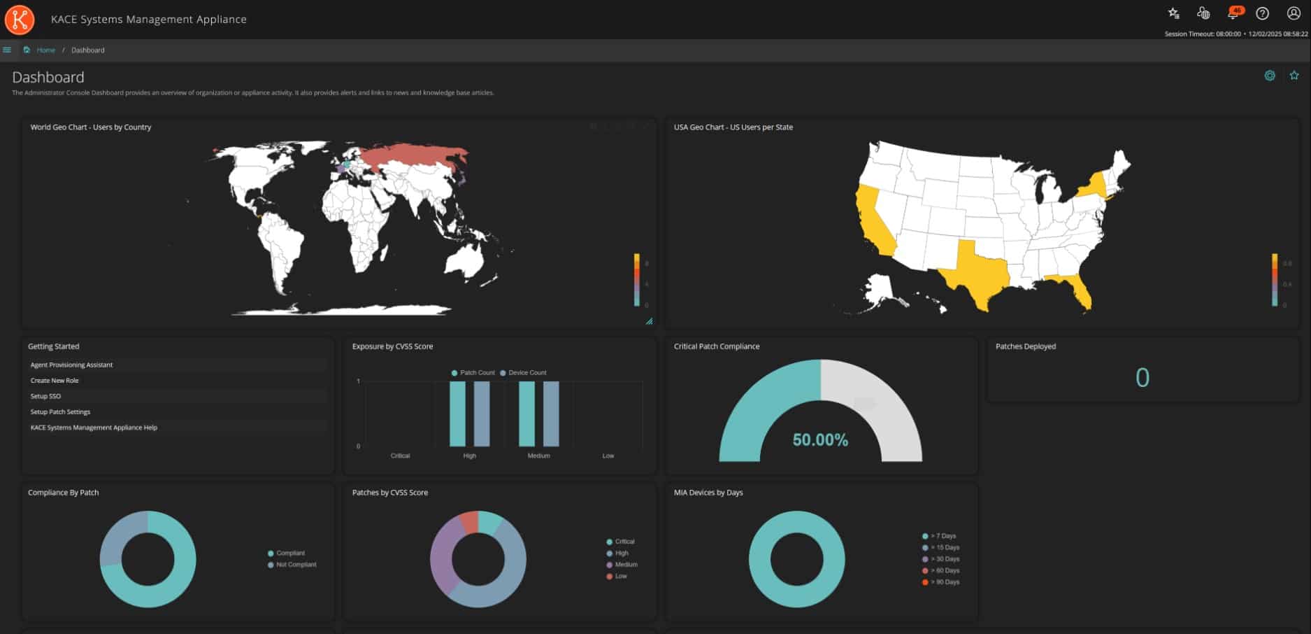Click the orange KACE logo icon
point(20,20)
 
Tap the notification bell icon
point(1233,13)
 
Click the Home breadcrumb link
point(46,50)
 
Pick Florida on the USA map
point(1080,290)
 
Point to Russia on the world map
point(413,157)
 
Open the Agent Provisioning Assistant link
point(71,365)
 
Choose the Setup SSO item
point(45,396)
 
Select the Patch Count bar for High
point(457,414)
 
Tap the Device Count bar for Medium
point(552,414)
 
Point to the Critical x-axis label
point(400,456)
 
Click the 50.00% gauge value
point(820,440)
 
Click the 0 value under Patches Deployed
point(1142,378)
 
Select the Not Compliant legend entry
point(296,565)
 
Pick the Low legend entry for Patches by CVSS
point(621,577)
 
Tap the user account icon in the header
point(1294,13)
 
